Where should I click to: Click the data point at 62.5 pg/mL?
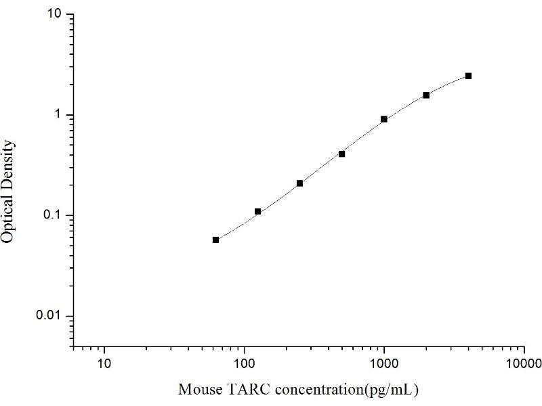(x=215, y=240)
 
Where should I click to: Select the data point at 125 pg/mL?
(x=257, y=212)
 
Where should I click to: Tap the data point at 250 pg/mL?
(x=299, y=183)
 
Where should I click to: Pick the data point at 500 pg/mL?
(x=342, y=154)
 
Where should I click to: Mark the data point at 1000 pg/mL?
(x=384, y=119)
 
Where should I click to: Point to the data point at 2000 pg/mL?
(x=426, y=95)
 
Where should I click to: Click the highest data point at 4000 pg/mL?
(x=468, y=76)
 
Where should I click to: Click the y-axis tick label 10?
(x=57, y=14)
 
